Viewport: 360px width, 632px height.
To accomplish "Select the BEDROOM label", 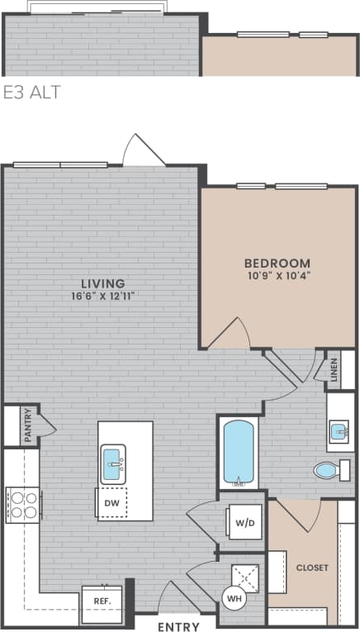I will (277, 263).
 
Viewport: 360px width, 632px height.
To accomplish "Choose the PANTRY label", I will (27, 425).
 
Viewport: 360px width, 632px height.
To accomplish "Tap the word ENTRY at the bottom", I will (178, 625).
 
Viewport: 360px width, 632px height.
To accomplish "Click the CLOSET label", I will (312, 568).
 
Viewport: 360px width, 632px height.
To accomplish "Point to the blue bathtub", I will (239, 454).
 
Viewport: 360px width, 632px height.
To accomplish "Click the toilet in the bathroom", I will (328, 471).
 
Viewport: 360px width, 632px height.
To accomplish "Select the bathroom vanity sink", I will (339, 431).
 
